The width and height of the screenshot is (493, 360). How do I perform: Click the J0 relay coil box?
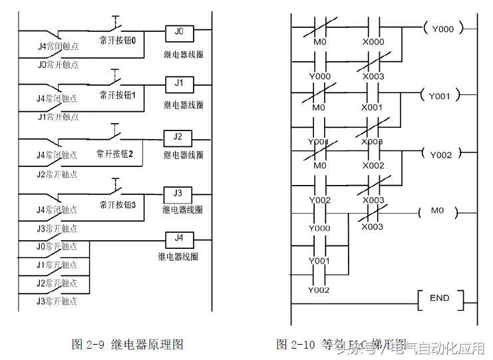(178, 31)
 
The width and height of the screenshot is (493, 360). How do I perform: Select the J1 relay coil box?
(178, 85)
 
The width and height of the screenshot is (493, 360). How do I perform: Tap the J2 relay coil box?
(178, 137)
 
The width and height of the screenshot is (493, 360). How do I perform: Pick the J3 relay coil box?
(178, 194)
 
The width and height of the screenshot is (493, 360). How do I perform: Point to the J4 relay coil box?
(178, 238)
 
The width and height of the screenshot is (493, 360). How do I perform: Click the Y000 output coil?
(442, 29)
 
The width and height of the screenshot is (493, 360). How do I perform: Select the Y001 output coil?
(440, 96)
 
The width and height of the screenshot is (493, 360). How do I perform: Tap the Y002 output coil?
(440, 155)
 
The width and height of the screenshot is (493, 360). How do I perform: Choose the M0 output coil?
(437, 211)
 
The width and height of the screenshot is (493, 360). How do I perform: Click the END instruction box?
(439, 298)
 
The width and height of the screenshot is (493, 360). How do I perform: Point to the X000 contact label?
(373, 41)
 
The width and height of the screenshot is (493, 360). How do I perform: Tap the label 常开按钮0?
(118, 41)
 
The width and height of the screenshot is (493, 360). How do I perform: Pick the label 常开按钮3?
(118, 204)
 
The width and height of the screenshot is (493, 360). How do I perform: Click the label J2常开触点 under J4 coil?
(57, 283)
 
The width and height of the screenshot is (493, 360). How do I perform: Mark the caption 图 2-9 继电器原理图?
(127, 344)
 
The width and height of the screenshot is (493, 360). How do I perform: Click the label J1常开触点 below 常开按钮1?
(57, 117)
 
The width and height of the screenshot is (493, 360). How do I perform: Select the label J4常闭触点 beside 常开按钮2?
(57, 155)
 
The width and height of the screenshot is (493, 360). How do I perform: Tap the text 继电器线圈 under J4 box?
(178, 256)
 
